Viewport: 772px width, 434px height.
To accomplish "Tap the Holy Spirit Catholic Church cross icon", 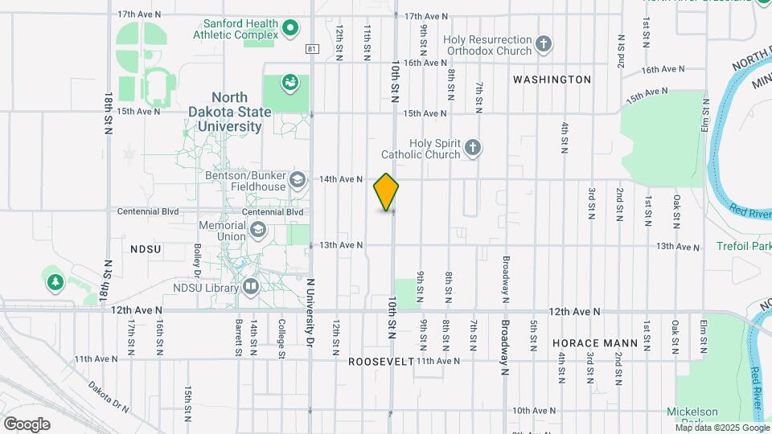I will tap(474, 148).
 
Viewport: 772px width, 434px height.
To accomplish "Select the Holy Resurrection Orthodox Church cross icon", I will tap(544, 45).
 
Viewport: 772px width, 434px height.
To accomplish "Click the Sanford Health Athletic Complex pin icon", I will tap(291, 31).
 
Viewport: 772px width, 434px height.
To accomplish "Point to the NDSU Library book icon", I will tap(251, 287).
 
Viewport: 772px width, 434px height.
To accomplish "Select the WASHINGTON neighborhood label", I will tap(552, 80).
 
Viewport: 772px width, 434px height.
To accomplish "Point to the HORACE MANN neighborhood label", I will tap(596, 343).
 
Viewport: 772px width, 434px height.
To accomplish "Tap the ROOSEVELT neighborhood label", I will tap(380, 362).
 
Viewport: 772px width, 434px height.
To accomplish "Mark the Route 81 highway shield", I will tap(312, 49).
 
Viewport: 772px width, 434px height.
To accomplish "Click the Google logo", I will tap(27, 424).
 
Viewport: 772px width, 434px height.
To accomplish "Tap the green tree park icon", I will tap(55, 282).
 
